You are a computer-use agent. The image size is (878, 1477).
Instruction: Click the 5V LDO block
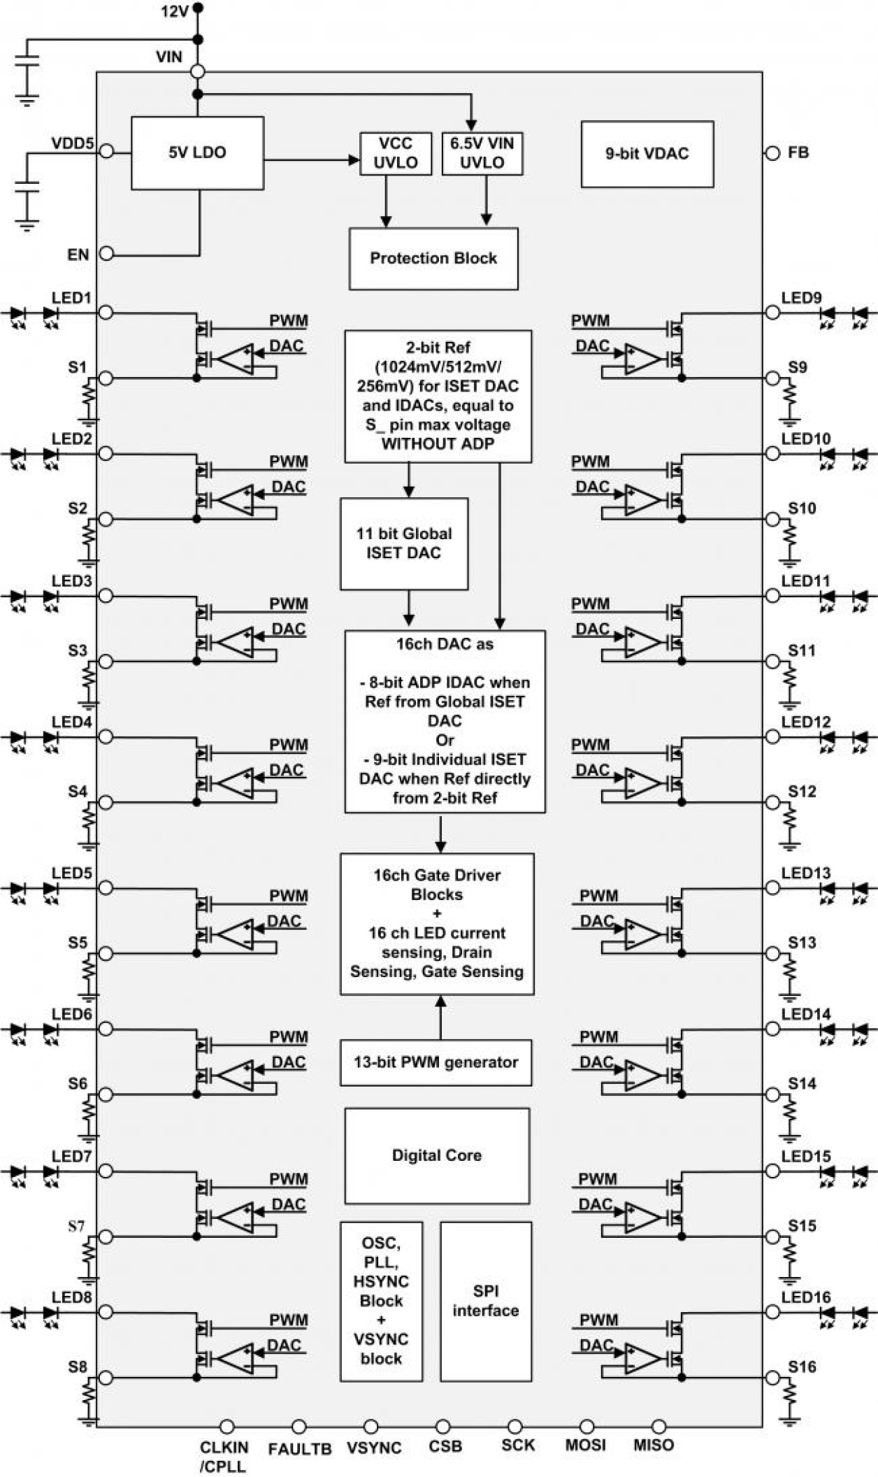[197, 152]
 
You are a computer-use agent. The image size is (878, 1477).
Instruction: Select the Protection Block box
[433, 258]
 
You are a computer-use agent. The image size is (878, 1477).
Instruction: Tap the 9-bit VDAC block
[647, 153]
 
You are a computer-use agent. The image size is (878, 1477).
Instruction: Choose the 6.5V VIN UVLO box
[482, 153]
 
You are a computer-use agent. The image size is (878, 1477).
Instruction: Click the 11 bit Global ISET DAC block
[404, 543]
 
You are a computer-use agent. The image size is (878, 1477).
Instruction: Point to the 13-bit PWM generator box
[436, 1062]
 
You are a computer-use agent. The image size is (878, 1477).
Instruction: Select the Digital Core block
[436, 1155]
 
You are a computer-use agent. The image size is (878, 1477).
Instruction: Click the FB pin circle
[772, 153]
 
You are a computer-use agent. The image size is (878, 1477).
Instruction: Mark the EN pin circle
[106, 254]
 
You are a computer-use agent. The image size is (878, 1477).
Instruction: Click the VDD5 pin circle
[106, 150]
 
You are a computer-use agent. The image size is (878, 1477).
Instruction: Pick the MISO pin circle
[658, 1427]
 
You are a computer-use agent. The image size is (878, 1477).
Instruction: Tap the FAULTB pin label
[299, 1449]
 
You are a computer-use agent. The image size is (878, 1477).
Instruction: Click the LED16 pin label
[806, 1297]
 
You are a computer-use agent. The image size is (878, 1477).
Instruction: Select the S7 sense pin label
[76, 1226]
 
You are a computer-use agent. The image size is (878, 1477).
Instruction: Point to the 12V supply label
[175, 12]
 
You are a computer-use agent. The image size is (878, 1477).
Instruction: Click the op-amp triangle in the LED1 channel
[236, 359]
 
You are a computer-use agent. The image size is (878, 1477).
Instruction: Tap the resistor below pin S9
[790, 399]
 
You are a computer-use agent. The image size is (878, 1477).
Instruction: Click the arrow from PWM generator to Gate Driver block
[440, 1017]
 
